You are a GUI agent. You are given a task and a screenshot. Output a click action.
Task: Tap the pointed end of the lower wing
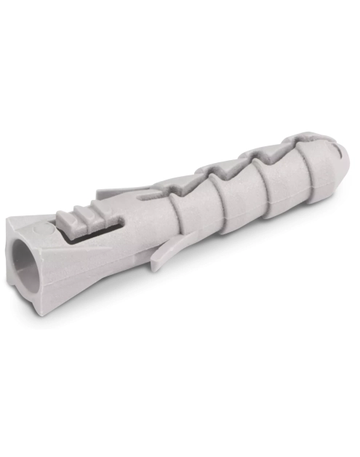pos(155,268)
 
